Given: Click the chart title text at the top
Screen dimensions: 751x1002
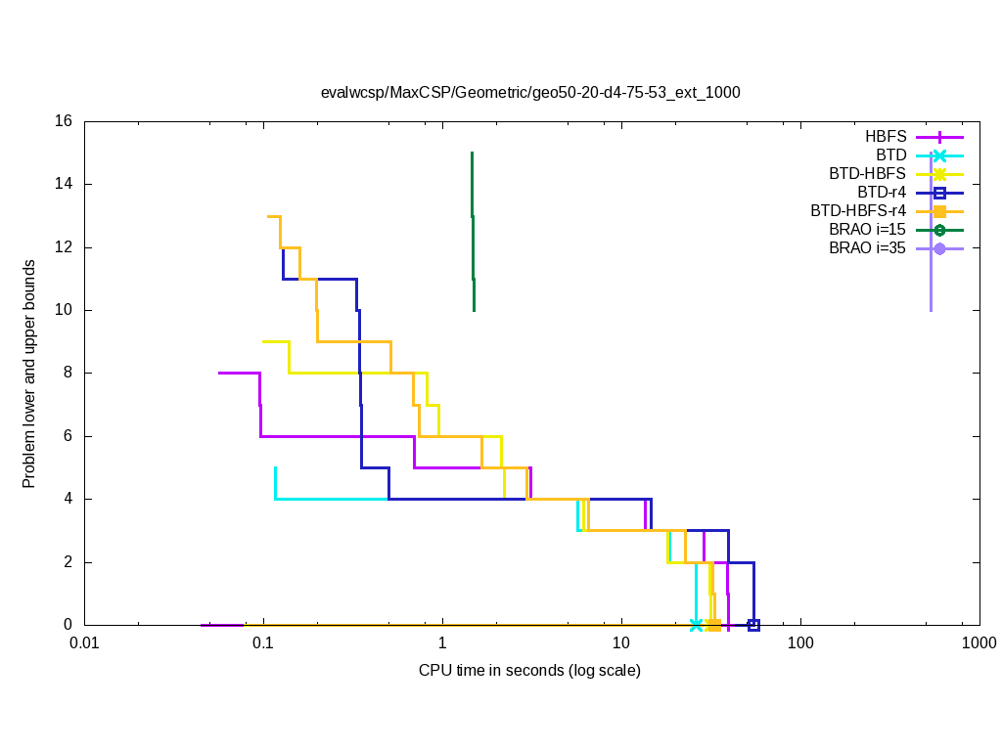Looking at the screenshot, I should click(x=530, y=93).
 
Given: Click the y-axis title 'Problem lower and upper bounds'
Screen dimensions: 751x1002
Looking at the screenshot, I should click(x=30, y=374).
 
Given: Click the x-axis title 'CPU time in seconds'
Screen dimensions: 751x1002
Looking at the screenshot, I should click(x=529, y=670).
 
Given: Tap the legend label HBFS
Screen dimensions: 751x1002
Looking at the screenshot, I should click(x=886, y=137).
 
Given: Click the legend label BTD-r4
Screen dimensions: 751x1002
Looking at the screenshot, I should click(x=882, y=193).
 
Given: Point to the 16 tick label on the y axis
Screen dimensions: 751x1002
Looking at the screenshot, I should click(x=64, y=121).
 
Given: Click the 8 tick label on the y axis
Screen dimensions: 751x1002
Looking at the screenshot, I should click(x=68, y=373).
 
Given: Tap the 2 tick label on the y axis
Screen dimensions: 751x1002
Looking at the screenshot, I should click(x=68, y=561).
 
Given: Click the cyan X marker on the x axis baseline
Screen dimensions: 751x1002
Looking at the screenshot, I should click(x=697, y=625).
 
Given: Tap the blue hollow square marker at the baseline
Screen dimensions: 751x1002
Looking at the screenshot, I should click(x=753, y=625).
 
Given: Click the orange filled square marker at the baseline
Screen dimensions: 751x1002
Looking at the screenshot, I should click(x=714, y=625).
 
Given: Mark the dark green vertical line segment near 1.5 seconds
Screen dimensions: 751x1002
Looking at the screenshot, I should click(x=473, y=232).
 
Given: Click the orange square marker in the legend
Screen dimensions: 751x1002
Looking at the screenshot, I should click(x=939, y=211).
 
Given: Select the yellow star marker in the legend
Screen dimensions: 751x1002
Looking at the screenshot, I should click(x=939, y=174).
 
